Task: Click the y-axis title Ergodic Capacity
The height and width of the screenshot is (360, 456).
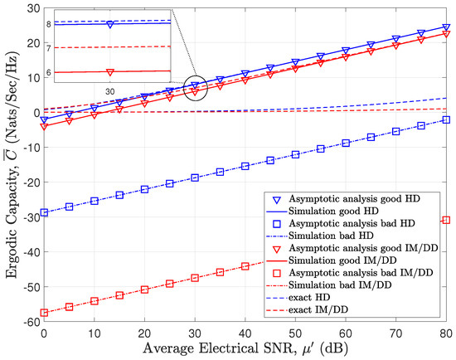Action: click(9, 166)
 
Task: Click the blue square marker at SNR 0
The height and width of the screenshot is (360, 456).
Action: click(43, 212)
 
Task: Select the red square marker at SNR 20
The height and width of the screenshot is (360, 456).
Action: click(144, 289)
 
